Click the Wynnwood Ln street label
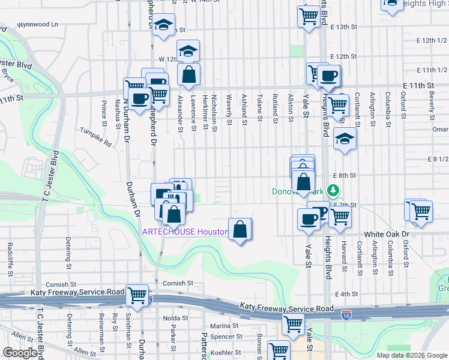click(x=37, y=25)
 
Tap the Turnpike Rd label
click(x=96, y=137)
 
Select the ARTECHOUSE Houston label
click(x=184, y=232)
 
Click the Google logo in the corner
click(x=20, y=353)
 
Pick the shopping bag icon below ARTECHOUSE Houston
click(x=240, y=229)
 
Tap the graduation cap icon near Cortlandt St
click(x=344, y=139)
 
